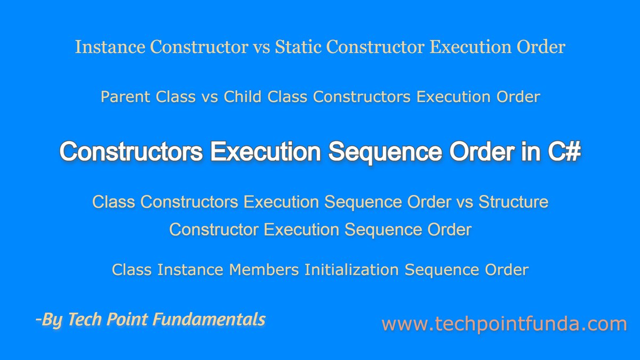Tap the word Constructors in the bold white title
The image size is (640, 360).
[x=131, y=153]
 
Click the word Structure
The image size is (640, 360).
[x=513, y=202]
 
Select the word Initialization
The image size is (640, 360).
[x=351, y=270]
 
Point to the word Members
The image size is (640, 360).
[x=264, y=270]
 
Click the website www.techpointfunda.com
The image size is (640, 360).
[x=504, y=324]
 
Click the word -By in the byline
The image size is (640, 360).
[x=47, y=320]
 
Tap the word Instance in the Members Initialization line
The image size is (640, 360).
[x=191, y=270]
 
